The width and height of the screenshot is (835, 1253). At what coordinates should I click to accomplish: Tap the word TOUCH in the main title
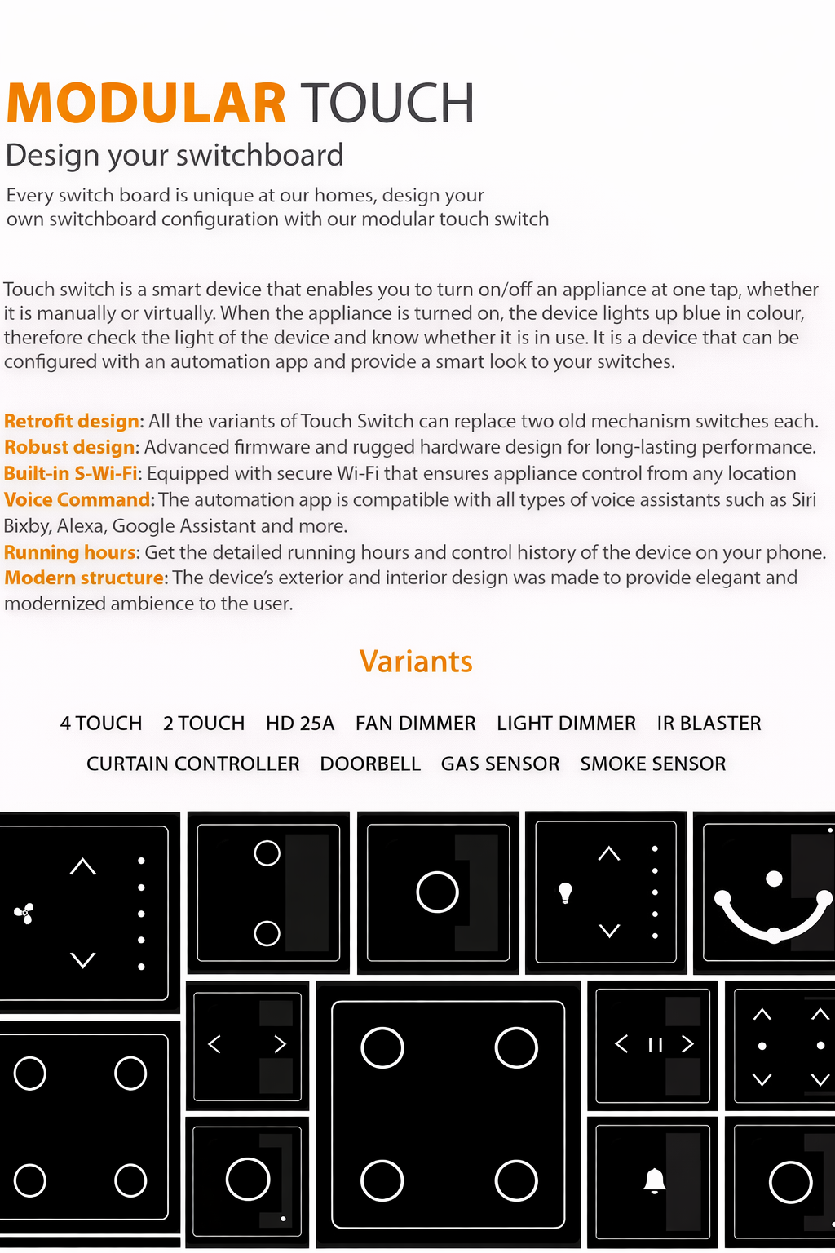point(387,104)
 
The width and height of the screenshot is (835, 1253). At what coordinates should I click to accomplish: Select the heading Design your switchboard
point(175,155)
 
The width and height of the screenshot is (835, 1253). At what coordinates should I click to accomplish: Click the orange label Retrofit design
point(72,421)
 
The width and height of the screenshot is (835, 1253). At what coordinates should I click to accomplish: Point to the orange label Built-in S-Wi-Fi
point(71,473)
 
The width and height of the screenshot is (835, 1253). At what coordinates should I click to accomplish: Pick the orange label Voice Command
point(77,499)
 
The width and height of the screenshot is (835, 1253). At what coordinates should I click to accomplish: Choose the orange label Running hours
point(71,552)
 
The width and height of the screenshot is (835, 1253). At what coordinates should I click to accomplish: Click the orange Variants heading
point(416,661)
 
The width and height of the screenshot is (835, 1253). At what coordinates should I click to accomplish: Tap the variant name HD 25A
point(300,724)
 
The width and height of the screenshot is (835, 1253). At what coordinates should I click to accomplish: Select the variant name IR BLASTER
point(709,724)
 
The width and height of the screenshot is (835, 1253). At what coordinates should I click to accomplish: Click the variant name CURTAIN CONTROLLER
point(193,764)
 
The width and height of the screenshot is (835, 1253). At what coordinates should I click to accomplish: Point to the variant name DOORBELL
point(370,764)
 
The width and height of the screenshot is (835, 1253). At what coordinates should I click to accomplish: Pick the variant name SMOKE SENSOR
point(653,764)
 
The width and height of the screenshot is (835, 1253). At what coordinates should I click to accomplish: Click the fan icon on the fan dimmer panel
point(24,914)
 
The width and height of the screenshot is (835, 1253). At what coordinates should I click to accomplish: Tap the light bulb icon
point(565,893)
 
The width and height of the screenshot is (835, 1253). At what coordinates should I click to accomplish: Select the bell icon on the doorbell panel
point(654,1180)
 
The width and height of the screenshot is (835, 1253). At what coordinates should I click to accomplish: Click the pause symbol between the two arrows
point(655,1045)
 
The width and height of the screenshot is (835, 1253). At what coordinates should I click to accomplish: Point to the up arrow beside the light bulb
point(609,854)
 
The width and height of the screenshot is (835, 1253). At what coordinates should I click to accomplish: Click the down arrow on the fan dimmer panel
point(83,960)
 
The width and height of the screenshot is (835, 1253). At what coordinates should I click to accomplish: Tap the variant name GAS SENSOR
point(500,764)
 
